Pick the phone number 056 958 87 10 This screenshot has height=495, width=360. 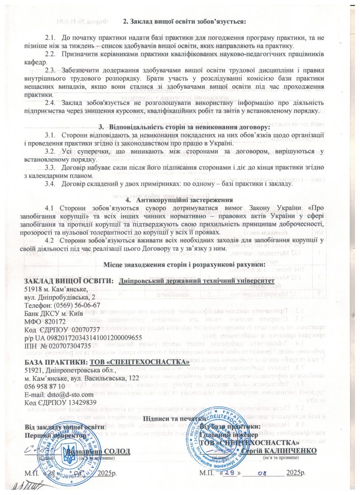(x=44, y=386)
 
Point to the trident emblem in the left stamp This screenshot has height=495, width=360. (x=68, y=453)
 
